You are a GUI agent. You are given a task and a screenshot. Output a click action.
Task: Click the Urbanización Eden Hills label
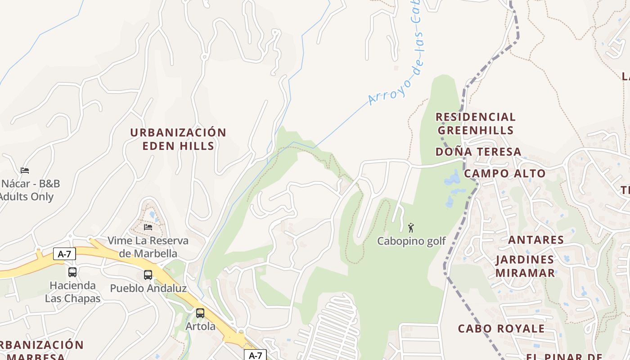pyautogui.click(x=178, y=139)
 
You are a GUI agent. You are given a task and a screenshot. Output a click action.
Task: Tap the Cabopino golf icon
pyautogui.click(x=410, y=228)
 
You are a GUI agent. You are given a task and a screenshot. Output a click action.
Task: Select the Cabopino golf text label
pyautogui.click(x=411, y=241)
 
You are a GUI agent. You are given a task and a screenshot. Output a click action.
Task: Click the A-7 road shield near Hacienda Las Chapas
pyautogui.click(x=64, y=254)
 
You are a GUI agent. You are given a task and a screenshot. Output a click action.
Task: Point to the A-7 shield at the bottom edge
pyautogui.click(x=255, y=355)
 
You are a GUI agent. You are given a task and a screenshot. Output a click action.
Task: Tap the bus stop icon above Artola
pyautogui.click(x=200, y=313)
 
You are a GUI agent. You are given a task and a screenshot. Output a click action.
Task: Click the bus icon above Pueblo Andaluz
pyautogui.click(x=148, y=274)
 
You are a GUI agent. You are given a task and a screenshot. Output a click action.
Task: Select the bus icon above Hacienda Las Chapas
pyautogui.click(x=72, y=272)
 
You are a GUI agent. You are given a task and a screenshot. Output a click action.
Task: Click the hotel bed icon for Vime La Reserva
pyautogui.click(x=148, y=227)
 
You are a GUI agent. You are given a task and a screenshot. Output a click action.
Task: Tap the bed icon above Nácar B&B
pyautogui.click(x=25, y=171)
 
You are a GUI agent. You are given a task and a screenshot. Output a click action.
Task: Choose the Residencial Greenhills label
pyautogui.click(x=476, y=124)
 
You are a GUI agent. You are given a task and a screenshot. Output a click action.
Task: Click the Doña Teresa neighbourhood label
pyautogui.click(x=478, y=152)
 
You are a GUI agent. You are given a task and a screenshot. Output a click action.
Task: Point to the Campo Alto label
pyautogui.click(x=504, y=173)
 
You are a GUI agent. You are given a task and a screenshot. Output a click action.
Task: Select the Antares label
pyautogui.click(x=536, y=240)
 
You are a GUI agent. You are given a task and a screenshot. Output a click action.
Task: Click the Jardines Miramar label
pyautogui.click(x=525, y=266)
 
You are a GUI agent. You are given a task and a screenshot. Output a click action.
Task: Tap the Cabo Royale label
pyautogui.click(x=501, y=328)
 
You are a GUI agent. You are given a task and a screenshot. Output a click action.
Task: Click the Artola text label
pyautogui.click(x=200, y=326)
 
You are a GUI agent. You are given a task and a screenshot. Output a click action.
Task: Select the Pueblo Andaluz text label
pyautogui.click(x=148, y=288)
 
